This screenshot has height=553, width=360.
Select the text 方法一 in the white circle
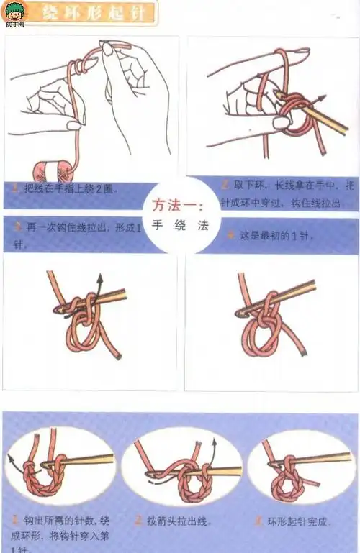[x=180, y=206]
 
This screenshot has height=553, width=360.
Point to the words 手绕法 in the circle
[x=180, y=224]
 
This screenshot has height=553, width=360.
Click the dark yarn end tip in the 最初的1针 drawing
[x=307, y=353]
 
